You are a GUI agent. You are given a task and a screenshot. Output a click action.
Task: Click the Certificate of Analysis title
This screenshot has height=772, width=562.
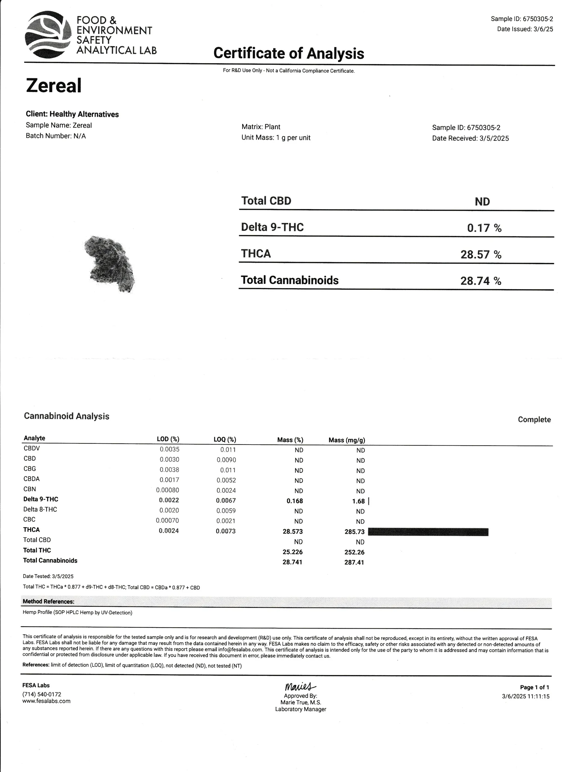288,53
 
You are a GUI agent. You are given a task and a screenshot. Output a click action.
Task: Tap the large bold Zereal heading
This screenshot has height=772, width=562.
54,85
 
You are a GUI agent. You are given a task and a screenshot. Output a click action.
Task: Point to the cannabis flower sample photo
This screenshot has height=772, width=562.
110,264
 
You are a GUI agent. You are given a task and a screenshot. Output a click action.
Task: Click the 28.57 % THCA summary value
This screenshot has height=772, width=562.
480,254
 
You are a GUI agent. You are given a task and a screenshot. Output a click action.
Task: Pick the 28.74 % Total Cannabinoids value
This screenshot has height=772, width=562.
480,281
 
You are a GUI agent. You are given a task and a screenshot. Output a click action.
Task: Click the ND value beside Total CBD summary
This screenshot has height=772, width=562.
482,201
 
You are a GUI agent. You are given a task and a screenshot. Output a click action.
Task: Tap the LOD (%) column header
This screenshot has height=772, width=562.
168,439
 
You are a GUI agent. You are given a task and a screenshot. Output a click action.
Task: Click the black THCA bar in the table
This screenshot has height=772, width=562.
428,532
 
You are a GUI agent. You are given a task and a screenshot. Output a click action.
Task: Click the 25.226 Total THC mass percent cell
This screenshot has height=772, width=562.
293,552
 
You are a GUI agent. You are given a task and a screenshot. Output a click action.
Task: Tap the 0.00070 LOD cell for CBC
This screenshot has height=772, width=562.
167,521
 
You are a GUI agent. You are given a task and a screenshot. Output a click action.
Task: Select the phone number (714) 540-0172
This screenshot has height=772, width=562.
42,694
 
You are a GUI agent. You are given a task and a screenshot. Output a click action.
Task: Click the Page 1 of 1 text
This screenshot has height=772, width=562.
534,687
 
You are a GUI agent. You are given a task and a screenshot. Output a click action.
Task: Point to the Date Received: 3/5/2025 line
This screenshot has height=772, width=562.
470,138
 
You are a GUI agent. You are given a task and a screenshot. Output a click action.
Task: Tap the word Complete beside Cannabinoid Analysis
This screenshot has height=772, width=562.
534,419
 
